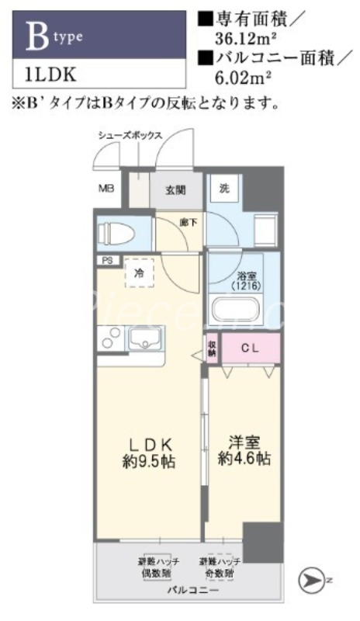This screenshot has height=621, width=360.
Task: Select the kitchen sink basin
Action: (145, 339)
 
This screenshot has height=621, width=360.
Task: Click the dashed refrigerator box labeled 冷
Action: (138, 272)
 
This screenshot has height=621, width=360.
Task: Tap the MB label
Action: (105, 187)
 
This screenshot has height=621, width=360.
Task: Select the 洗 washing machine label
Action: (223, 187)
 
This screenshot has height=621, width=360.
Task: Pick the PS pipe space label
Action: (105, 262)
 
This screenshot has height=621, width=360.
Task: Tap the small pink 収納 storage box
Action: (211, 345)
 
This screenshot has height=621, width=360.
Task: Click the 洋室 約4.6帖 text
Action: (243, 451)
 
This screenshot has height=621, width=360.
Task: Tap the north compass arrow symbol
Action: (310, 578)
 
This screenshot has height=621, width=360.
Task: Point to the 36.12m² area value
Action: (237, 36)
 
